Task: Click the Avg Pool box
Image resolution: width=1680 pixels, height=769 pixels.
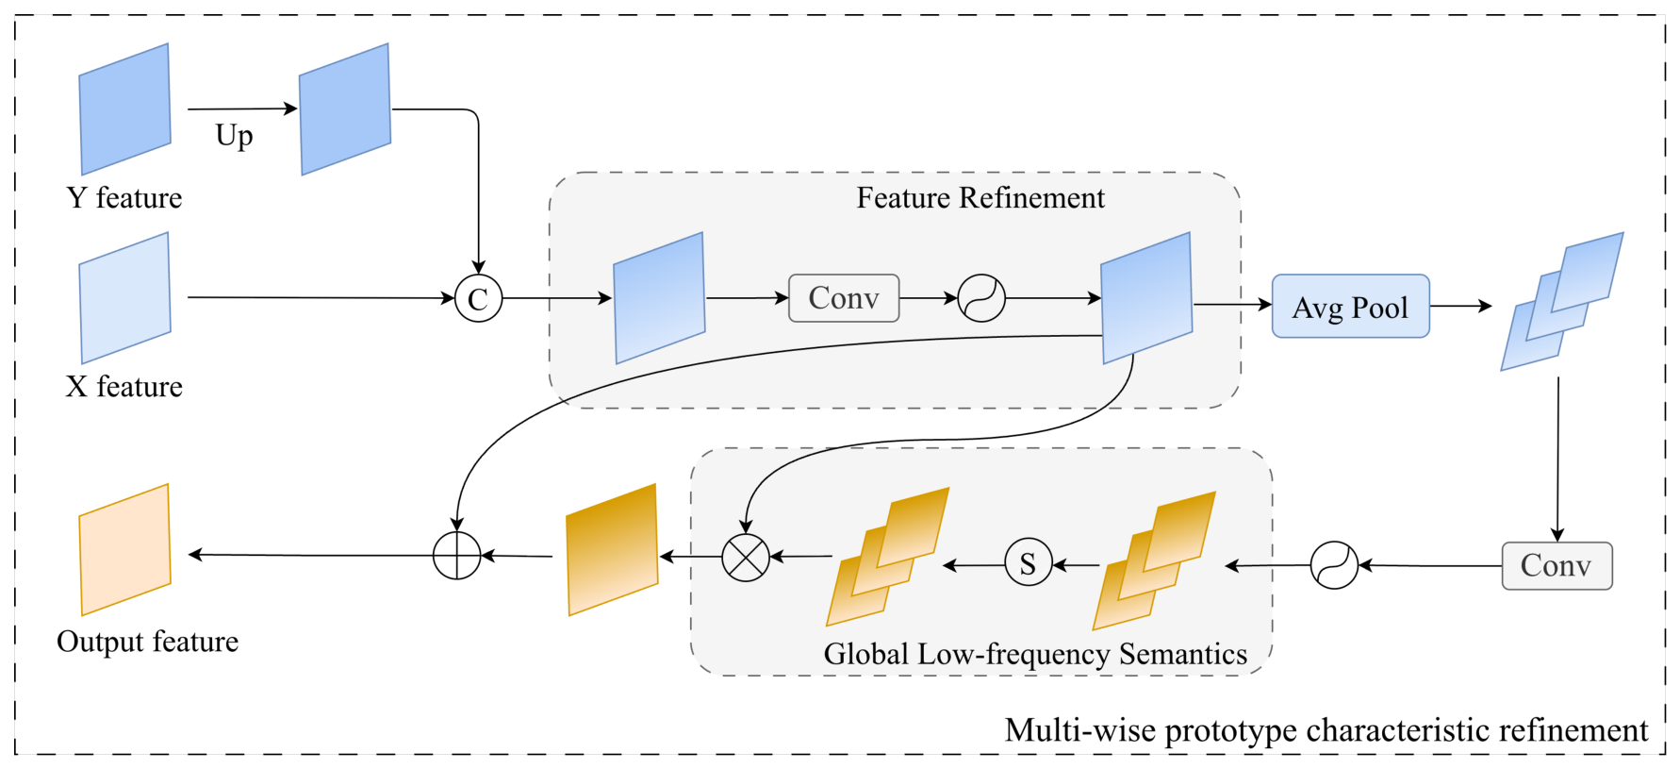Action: (1350, 306)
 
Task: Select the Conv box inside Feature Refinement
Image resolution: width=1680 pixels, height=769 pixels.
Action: (844, 298)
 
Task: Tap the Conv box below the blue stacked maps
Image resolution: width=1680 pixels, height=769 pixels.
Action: (1556, 565)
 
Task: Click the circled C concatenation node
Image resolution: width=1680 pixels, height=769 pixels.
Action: (478, 298)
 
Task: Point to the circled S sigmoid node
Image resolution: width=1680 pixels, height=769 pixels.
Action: (1028, 562)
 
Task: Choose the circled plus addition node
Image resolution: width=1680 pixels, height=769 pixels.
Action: (457, 555)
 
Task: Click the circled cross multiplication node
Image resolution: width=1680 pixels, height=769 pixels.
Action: (746, 557)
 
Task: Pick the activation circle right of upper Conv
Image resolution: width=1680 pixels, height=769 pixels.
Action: (981, 298)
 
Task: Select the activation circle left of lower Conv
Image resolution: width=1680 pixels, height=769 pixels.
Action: (1334, 565)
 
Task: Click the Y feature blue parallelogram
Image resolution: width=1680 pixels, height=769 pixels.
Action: (124, 109)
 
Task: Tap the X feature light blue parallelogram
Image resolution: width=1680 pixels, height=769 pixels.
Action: (124, 298)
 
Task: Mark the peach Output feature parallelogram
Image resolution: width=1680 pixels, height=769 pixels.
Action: (124, 550)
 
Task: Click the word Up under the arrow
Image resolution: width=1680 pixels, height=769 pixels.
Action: (234, 136)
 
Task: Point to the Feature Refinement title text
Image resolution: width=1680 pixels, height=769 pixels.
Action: (980, 197)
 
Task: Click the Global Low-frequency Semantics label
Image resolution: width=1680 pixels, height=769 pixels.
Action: (1035, 654)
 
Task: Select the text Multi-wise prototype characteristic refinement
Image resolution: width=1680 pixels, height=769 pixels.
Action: (1326, 730)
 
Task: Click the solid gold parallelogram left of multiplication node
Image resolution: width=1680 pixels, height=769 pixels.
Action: (612, 550)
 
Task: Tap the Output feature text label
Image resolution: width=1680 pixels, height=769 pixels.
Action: (148, 642)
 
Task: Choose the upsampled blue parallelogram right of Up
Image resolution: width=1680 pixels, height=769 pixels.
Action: (345, 109)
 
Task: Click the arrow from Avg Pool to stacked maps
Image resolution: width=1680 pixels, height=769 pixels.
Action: (1461, 306)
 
